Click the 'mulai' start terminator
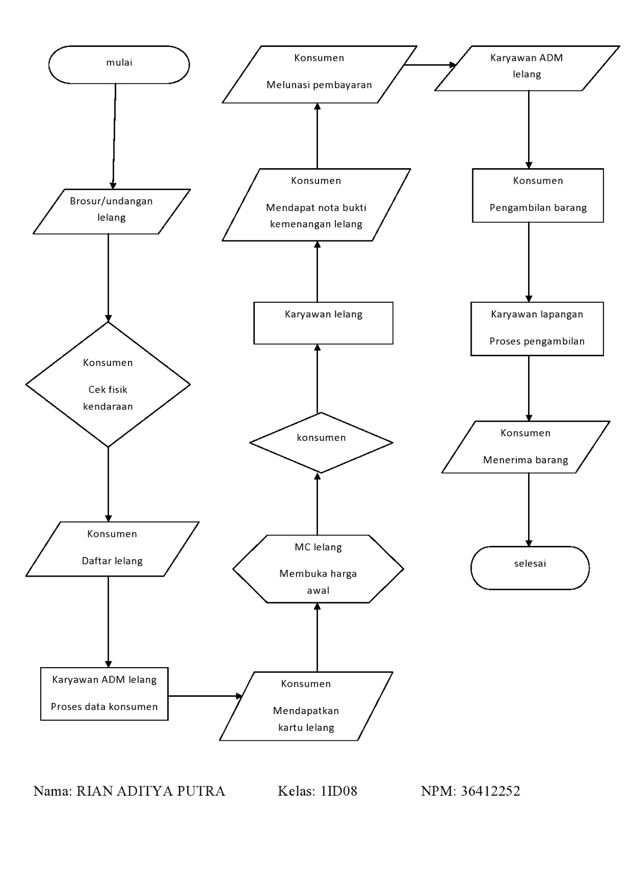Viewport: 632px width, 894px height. tap(119, 64)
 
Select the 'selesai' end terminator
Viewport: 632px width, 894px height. tap(530, 567)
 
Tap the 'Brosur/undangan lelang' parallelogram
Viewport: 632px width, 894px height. tap(112, 211)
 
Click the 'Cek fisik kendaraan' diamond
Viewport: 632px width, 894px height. tap(108, 384)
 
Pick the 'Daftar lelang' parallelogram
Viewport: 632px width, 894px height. tap(112, 549)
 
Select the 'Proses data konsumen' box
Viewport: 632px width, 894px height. tap(104, 693)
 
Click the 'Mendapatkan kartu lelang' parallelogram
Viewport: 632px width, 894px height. tap(306, 706)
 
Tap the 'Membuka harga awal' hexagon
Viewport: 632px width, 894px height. tap(318, 569)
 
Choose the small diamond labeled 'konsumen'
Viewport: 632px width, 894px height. tap(321, 442)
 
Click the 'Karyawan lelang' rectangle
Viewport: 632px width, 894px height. tap(323, 322)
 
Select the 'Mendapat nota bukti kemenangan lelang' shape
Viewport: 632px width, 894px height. tap(316, 205)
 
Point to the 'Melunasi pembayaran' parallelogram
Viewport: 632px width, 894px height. tap(319, 74)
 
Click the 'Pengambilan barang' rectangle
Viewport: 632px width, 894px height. tap(538, 195)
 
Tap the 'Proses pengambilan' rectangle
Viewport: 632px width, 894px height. tap(537, 329)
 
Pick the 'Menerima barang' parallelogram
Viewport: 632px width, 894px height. tap(525, 447)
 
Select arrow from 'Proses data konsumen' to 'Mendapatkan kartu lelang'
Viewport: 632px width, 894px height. tap(205, 696)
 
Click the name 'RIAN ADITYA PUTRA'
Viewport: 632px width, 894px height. tap(150, 791)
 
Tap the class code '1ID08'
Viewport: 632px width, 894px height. tap(338, 791)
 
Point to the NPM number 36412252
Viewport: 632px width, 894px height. tap(490, 791)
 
